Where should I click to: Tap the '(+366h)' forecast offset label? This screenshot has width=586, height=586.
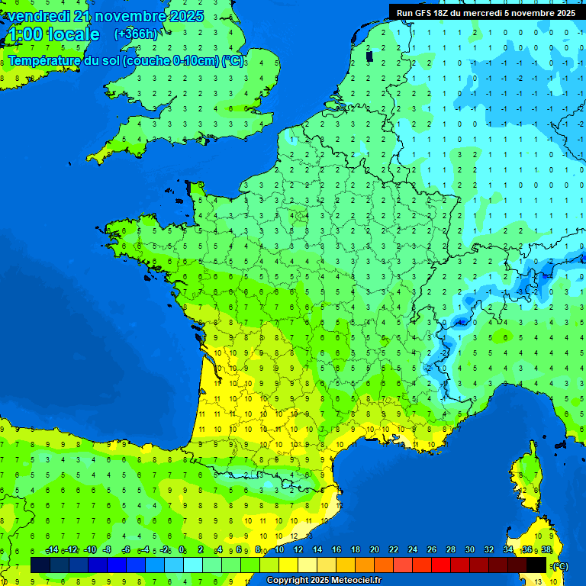(135, 34)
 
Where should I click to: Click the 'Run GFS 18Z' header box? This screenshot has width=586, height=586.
(486, 12)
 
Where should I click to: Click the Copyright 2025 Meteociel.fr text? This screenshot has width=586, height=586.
(324, 580)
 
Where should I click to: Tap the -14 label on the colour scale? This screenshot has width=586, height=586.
(52, 550)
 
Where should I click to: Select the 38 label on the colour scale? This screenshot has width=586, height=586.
(546, 550)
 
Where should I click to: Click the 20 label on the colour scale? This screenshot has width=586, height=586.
(374, 550)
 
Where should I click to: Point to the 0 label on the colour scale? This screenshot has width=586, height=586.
(182, 550)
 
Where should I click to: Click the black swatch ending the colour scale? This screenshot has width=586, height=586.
(536, 565)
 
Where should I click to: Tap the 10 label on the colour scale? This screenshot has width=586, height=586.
(279, 550)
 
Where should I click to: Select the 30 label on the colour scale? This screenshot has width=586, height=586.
(469, 550)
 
